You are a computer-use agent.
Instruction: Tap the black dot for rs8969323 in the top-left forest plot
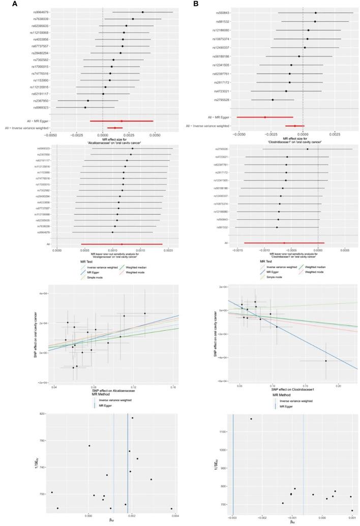coord(85,107)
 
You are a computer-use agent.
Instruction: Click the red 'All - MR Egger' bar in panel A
coord(122,121)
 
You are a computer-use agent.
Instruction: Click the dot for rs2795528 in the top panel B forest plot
coord(273,100)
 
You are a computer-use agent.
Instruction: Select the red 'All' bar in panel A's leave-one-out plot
coord(122,244)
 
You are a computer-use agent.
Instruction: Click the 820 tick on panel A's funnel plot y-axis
coord(43,414)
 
